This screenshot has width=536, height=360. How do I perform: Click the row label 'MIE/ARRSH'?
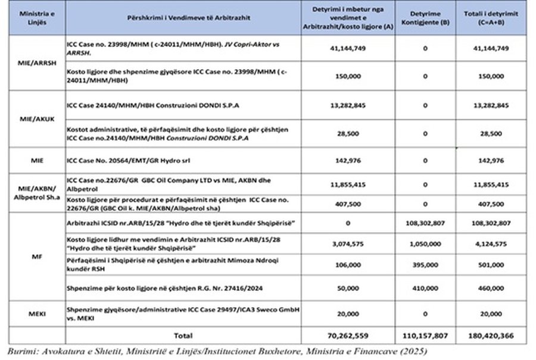coord(34,62)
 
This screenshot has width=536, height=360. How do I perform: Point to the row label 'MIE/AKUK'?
coord(34,118)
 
